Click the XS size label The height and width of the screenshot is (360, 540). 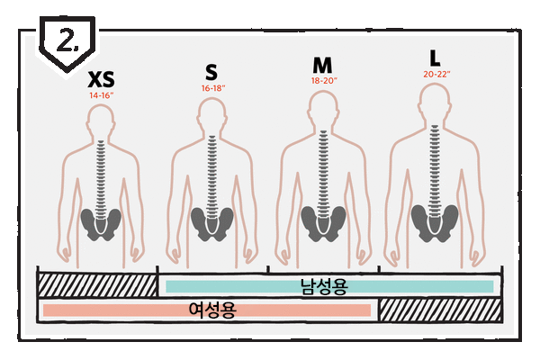tap(102, 81)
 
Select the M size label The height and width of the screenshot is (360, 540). tap(322, 66)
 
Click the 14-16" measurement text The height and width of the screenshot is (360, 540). tap(102, 94)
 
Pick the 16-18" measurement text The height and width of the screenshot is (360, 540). tap(212, 88)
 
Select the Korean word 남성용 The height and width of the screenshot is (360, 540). tap(324, 286)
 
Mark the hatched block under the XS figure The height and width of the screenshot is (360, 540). tap(96, 285)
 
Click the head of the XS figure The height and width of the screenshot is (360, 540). tap(102, 121)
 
